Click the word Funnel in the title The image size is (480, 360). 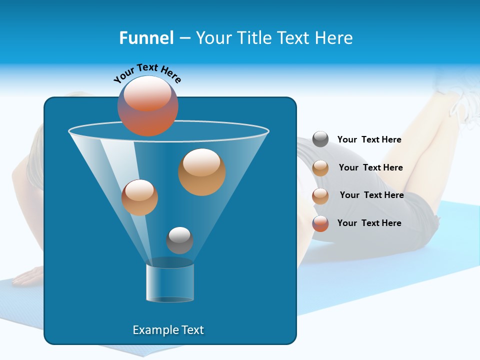[146, 38]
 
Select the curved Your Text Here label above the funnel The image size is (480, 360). [147, 73]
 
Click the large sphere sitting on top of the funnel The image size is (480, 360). [148, 106]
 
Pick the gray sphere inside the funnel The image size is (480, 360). [179, 240]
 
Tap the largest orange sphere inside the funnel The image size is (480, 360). [202, 172]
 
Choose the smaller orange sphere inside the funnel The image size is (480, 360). [139, 197]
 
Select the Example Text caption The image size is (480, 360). [168, 330]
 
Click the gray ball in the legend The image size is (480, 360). [320, 139]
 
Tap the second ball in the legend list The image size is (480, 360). [320, 168]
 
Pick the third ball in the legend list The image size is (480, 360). [320, 196]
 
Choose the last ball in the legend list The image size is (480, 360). [320, 223]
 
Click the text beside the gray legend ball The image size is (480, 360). [369, 140]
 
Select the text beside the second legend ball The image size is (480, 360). [370, 168]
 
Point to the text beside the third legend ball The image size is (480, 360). [371, 195]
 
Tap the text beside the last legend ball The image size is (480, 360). [369, 223]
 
